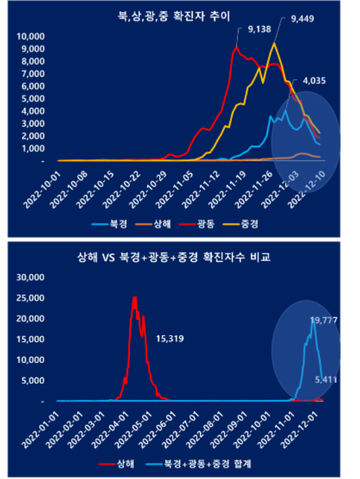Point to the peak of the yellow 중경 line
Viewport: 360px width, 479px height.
pyautogui.click(x=273, y=43)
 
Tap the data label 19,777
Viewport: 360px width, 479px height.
pyautogui.click(x=323, y=320)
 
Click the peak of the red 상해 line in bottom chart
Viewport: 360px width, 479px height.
pyautogui.click(x=135, y=298)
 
